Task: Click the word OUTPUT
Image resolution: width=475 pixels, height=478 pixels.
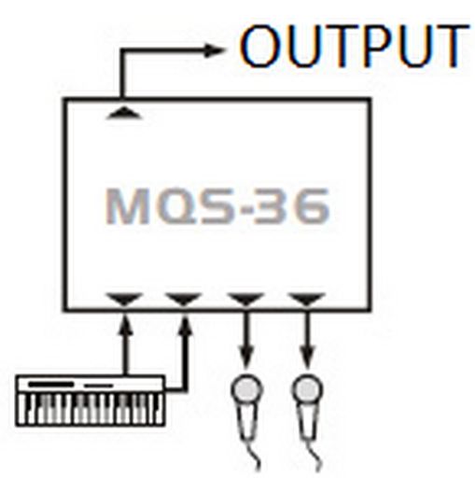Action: (x=354, y=47)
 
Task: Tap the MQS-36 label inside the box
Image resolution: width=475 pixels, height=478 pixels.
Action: (x=217, y=206)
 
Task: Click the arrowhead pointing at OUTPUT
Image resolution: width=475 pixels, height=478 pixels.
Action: (x=214, y=50)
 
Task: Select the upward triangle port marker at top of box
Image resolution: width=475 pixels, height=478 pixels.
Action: (x=124, y=113)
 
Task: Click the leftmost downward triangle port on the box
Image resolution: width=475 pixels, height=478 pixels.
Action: (x=124, y=299)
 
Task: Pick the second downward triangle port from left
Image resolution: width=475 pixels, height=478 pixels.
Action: (x=184, y=299)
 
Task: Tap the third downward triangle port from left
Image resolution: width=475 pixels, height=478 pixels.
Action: (x=245, y=299)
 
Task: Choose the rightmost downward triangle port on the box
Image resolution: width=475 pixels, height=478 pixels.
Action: (x=307, y=299)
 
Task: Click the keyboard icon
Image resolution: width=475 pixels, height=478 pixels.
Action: (x=91, y=401)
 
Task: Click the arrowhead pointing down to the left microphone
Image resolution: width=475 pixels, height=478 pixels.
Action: (x=246, y=357)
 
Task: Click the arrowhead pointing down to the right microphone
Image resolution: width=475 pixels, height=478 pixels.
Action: (x=307, y=357)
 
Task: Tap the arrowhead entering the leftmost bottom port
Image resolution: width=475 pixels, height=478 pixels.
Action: (x=125, y=324)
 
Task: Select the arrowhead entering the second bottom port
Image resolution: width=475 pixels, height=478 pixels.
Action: (x=186, y=324)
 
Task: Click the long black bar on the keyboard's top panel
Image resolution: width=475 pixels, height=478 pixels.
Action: (x=51, y=385)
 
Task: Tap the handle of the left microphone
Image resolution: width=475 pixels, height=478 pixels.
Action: (x=247, y=423)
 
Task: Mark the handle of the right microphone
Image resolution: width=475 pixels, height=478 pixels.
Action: (x=308, y=423)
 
